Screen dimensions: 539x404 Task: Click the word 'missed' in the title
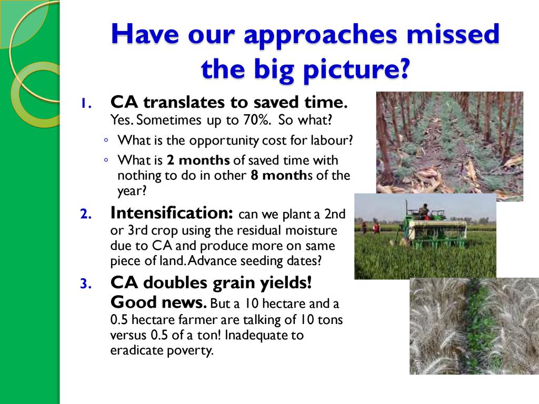tap(453, 34)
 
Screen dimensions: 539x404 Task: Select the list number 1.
tap(86, 103)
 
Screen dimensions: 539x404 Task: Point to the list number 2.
tap(86, 214)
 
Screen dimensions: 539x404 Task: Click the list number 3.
tap(86, 284)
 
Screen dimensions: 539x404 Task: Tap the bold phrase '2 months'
tap(198, 160)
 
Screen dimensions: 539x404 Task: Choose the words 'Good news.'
tap(158, 302)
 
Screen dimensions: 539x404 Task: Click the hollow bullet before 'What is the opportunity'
tap(106, 140)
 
